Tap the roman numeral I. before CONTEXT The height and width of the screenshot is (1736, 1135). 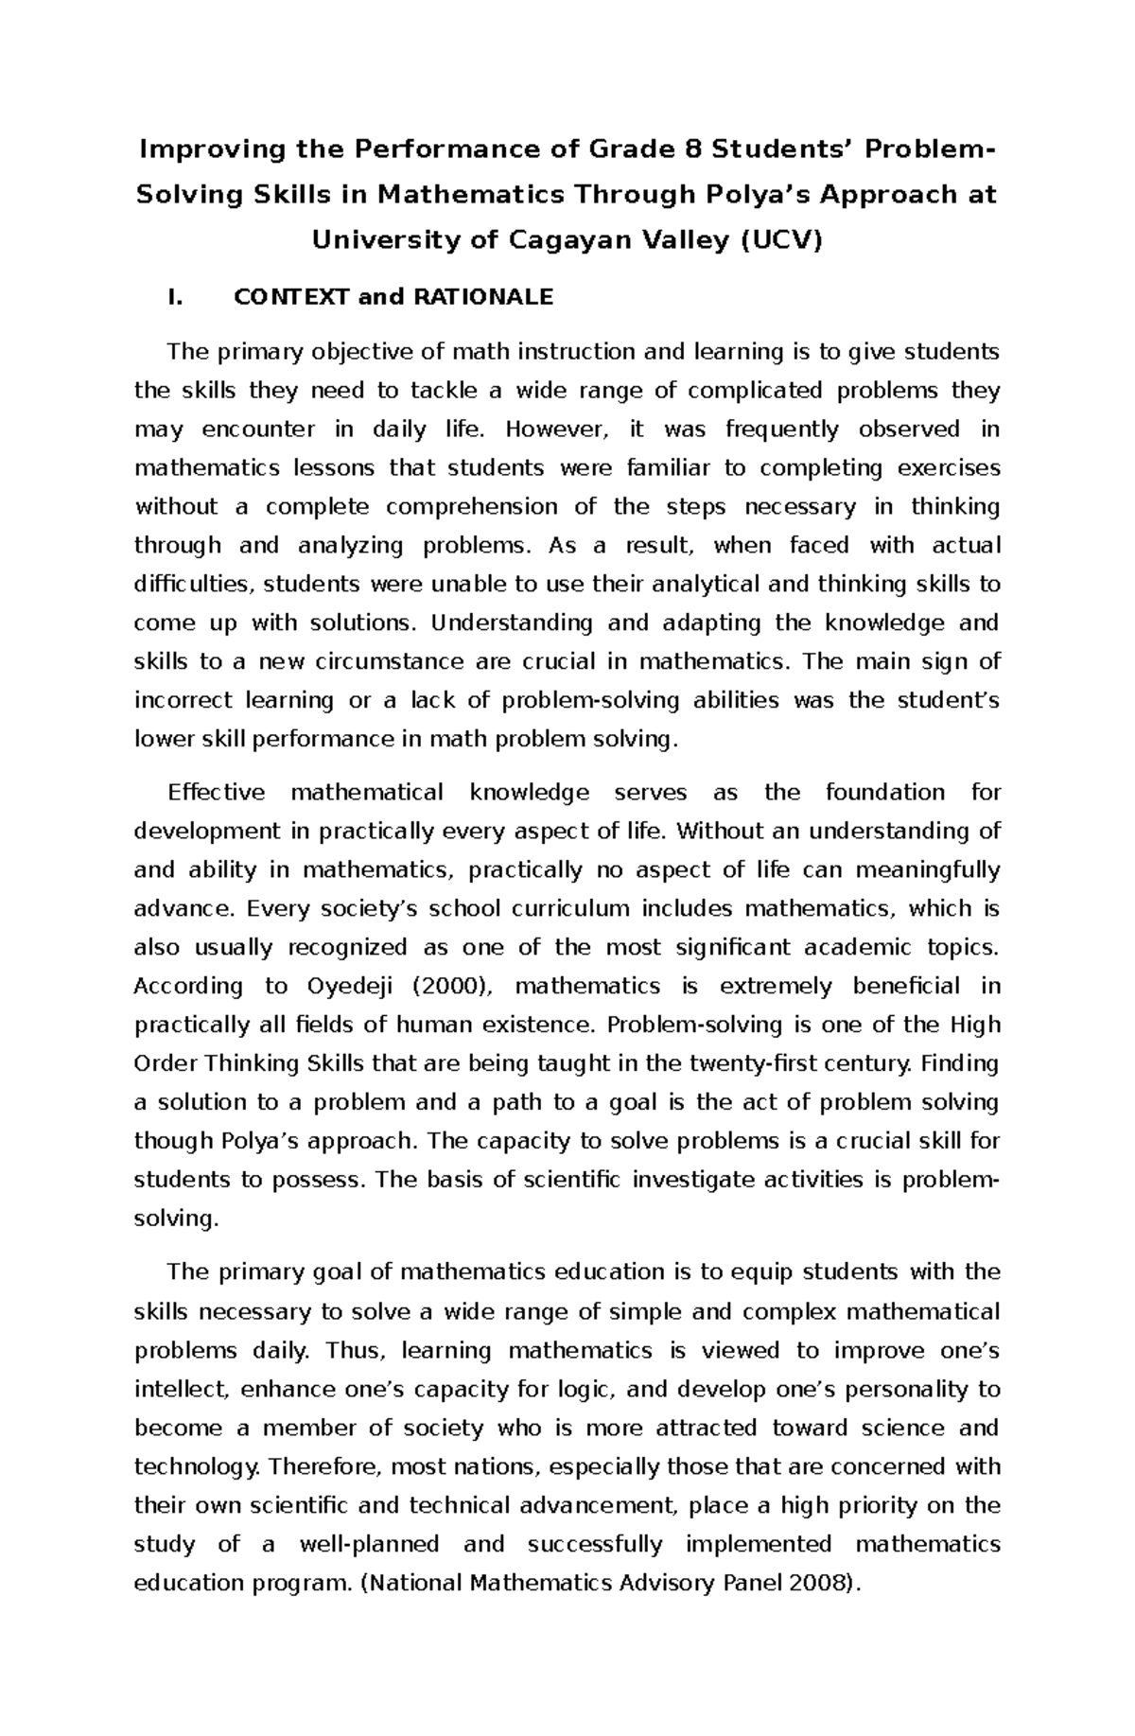pos(173,297)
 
